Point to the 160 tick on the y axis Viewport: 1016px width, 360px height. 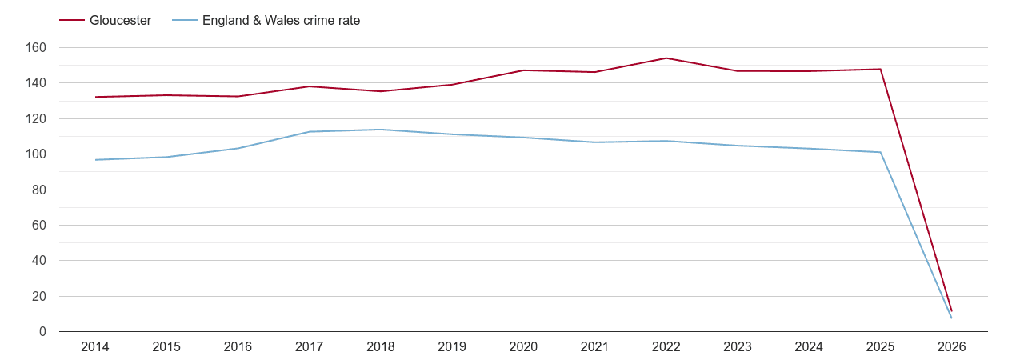coord(37,48)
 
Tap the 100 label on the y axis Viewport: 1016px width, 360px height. coord(37,154)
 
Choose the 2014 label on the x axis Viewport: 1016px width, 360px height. coord(95,347)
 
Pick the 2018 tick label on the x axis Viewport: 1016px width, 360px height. coord(381,347)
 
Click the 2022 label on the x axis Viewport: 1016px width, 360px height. coord(666,347)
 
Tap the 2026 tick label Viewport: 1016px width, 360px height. coord(952,347)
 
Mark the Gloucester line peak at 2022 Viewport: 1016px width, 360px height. coord(666,58)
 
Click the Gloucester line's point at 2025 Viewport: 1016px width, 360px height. coord(881,69)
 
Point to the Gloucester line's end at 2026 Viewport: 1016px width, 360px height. coord(952,310)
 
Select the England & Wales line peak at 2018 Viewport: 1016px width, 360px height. coord(381,130)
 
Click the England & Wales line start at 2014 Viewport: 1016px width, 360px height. coord(95,160)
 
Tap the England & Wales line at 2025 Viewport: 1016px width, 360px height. coord(881,152)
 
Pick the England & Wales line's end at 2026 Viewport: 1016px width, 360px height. coord(952,318)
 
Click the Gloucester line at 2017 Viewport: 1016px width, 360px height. coord(310,86)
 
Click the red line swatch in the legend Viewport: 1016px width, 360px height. coord(71,21)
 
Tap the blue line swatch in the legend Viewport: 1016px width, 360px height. coord(183,21)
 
